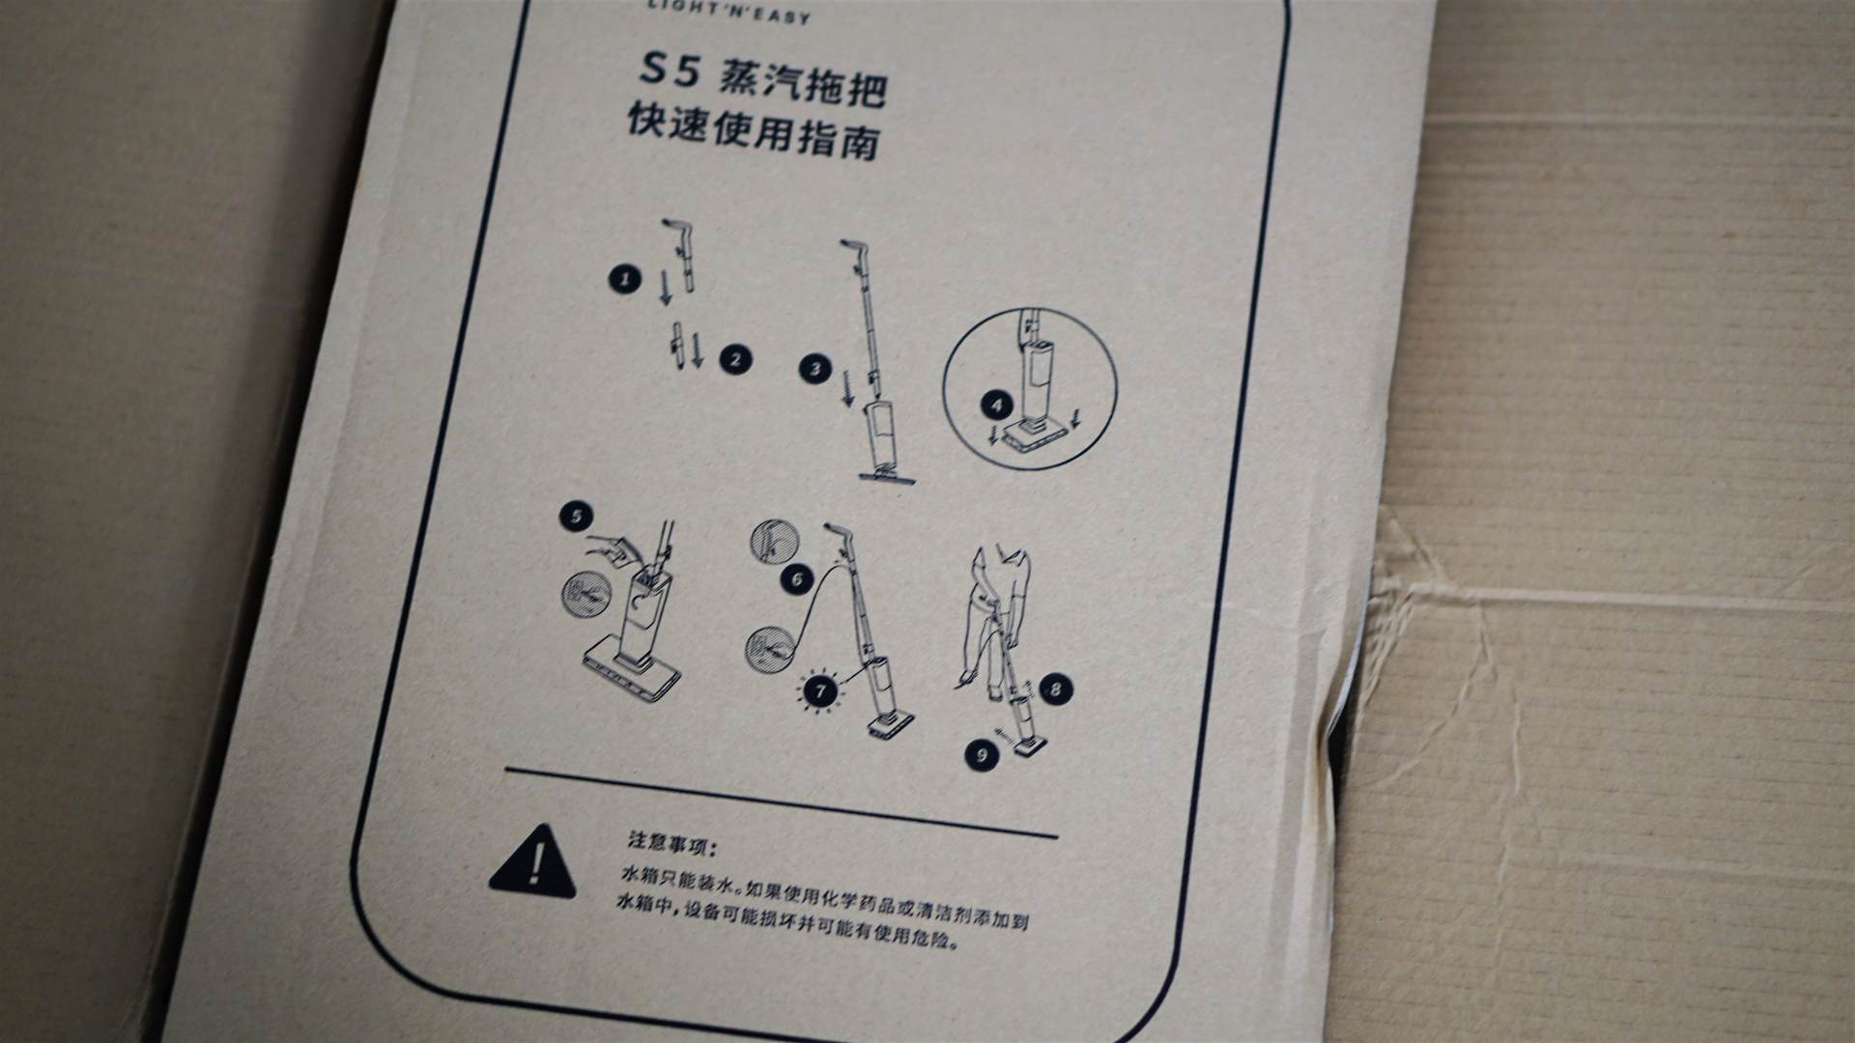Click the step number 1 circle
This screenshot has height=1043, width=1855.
[625, 280]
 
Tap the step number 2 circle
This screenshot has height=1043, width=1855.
[736, 360]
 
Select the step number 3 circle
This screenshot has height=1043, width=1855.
[815, 369]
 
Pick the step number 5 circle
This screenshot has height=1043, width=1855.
[576, 517]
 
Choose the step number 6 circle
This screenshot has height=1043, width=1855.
[797, 579]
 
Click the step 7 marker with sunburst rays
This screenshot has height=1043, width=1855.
[821, 691]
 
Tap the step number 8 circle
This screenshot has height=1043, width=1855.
[1055, 690]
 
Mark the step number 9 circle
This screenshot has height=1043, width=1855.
[982, 755]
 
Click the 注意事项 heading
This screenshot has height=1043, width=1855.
[671, 845]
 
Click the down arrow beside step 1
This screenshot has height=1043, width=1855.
[665, 289]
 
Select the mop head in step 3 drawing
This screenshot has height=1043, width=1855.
[887, 472]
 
